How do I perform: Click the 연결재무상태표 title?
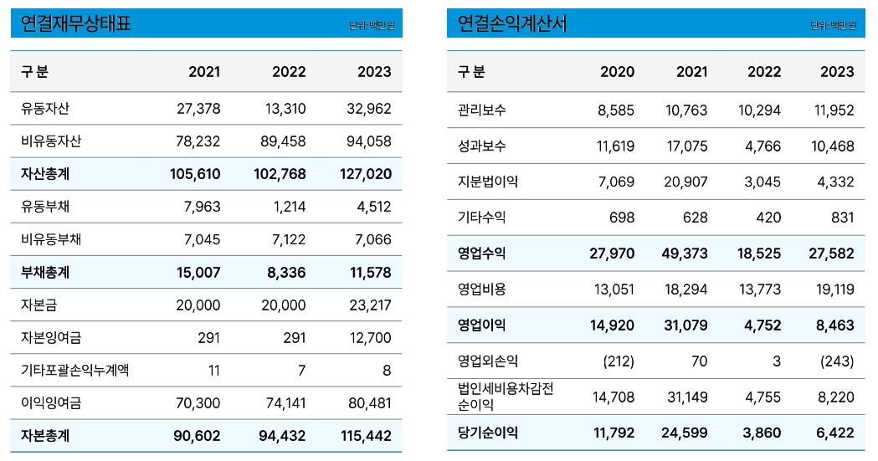point(76,24)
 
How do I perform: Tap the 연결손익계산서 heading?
point(512,24)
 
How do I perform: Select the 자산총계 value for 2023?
point(368,174)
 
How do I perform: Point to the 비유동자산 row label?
point(51,141)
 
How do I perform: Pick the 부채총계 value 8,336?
point(289,273)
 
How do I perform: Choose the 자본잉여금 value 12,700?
point(368,338)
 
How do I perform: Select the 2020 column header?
point(617,72)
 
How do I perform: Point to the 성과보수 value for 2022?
point(762,146)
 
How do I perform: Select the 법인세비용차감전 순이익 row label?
point(506,397)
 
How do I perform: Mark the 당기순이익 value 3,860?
point(762,433)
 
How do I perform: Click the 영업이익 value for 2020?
point(612,325)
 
